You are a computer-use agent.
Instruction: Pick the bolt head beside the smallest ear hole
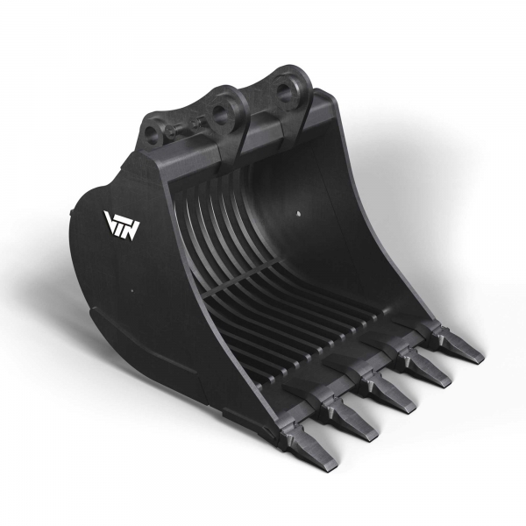(171, 133)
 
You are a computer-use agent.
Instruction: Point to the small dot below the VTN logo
(129, 290)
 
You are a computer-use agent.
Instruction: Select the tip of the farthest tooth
(478, 359)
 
